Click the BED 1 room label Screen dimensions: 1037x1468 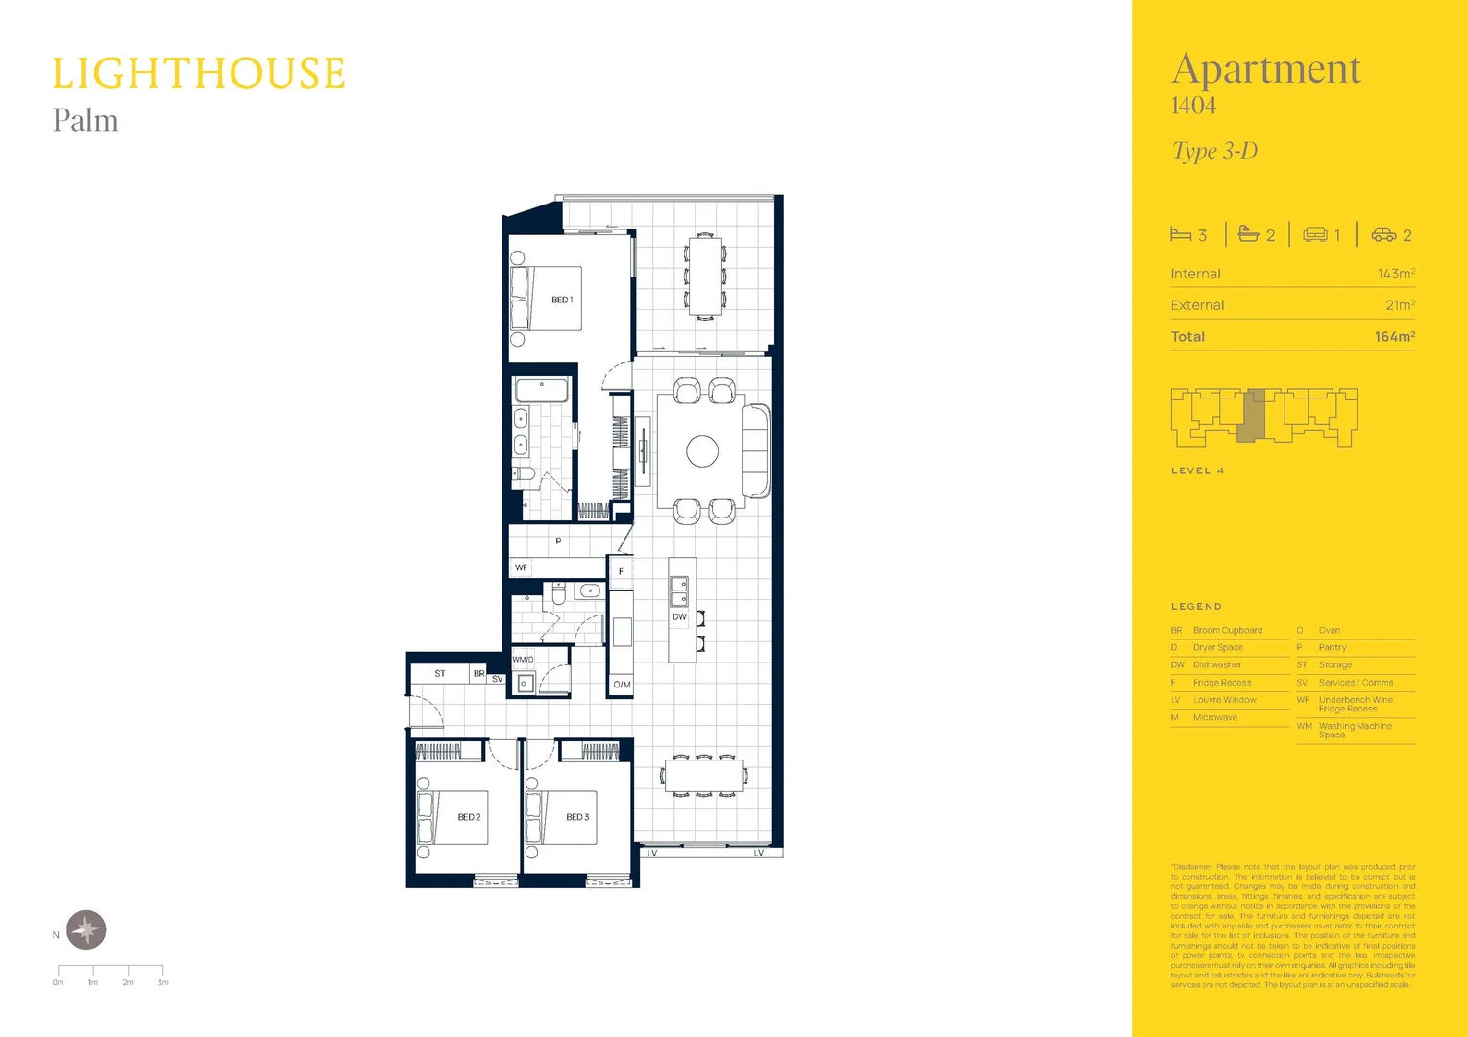(562, 301)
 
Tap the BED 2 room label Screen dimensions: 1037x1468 (469, 817)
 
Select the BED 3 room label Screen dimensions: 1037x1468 (577, 817)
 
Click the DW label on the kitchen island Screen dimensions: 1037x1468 (679, 617)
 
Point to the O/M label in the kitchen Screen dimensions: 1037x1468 (622, 685)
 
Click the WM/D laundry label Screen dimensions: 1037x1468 (523, 660)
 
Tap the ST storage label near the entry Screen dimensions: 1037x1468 (440, 674)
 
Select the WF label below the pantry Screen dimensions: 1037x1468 (521, 567)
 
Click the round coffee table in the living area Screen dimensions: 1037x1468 (702, 451)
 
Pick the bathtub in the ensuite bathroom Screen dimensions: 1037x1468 (542, 390)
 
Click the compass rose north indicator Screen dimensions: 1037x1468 (86, 929)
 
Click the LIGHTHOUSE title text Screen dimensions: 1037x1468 (199, 75)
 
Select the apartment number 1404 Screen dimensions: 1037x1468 (1193, 106)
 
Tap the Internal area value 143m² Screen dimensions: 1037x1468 (1395, 275)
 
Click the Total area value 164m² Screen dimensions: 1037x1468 (1394, 337)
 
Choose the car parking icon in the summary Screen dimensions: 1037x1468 (1383, 234)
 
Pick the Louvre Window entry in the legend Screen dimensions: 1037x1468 (1224, 700)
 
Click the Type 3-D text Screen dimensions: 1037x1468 (1214, 152)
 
